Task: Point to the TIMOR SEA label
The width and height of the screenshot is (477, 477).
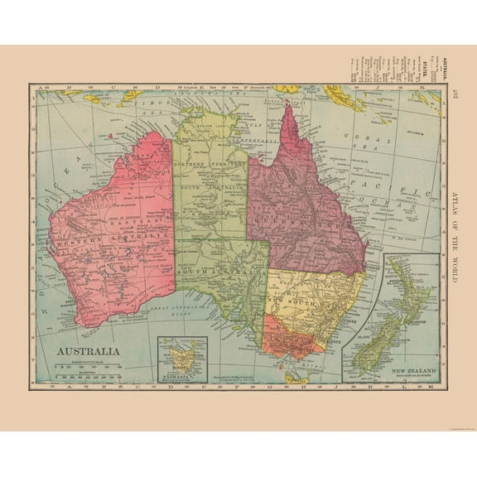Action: click(157, 103)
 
